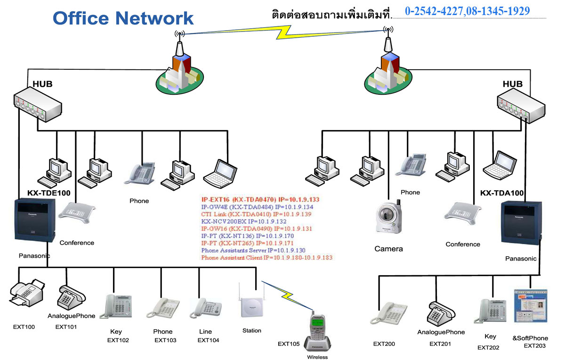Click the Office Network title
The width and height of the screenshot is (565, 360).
[x=123, y=18]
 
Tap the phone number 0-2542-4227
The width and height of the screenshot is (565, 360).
[x=434, y=11]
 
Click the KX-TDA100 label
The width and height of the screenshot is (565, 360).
[x=502, y=193]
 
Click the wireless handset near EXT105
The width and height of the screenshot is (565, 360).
[x=317, y=330]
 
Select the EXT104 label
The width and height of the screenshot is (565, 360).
[x=208, y=340]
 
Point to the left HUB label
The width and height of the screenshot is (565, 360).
[x=42, y=84]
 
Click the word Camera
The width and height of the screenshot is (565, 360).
[x=388, y=248]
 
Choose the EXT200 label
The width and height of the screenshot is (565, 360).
[x=384, y=344]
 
